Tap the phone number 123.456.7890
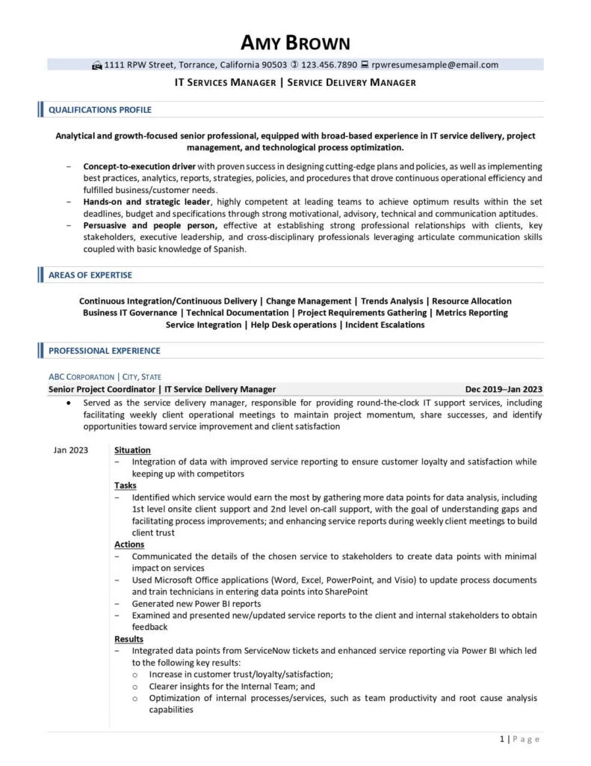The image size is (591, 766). click(x=329, y=65)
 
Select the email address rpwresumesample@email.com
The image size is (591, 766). click(x=435, y=65)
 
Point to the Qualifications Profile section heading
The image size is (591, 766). click(x=99, y=110)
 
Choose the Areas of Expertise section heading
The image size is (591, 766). click(x=90, y=275)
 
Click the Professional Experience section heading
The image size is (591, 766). click(x=104, y=350)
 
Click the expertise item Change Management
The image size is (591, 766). click(x=309, y=301)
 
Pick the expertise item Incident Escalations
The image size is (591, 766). click(x=385, y=325)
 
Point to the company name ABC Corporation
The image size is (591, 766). click(x=81, y=377)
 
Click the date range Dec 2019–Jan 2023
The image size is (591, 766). click(x=504, y=389)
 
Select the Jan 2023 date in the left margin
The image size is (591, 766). click(x=71, y=450)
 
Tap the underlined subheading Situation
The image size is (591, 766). click(x=132, y=450)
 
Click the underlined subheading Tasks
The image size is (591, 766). click(x=126, y=485)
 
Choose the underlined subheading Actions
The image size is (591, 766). click(x=129, y=545)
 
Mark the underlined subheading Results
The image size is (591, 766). click(x=129, y=640)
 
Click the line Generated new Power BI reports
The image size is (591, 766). click(x=196, y=603)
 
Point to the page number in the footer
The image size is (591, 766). click(x=519, y=739)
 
